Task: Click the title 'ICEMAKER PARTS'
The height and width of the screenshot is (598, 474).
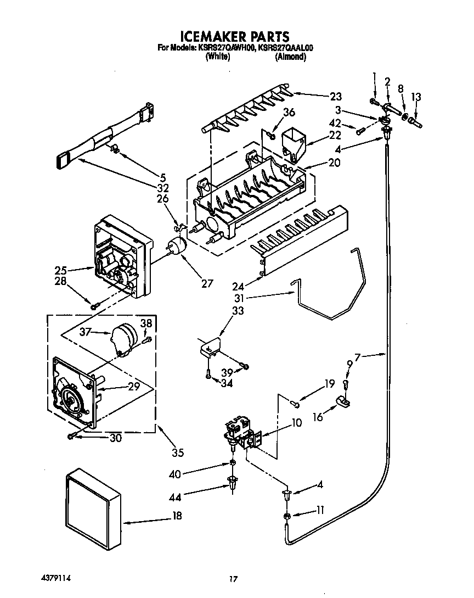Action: click(235, 36)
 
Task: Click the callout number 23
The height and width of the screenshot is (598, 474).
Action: click(335, 96)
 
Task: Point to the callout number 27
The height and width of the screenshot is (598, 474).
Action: click(206, 283)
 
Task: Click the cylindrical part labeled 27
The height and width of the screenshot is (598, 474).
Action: click(176, 245)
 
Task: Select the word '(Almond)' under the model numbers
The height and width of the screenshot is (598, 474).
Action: click(290, 57)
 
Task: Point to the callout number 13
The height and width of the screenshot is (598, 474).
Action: click(416, 97)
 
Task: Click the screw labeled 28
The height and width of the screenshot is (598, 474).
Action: click(94, 306)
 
